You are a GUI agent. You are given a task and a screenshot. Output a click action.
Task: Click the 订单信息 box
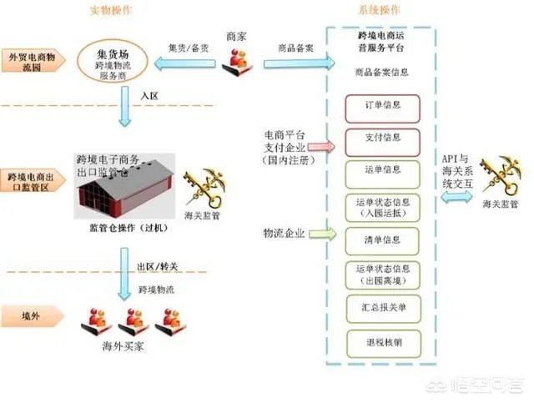tap(381, 108)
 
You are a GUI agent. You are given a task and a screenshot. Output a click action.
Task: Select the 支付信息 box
tap(381, 139)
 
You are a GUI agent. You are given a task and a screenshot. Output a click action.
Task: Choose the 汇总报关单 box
tap(381, 308)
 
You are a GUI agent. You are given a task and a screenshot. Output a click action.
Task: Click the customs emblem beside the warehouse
tap(201, 189)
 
